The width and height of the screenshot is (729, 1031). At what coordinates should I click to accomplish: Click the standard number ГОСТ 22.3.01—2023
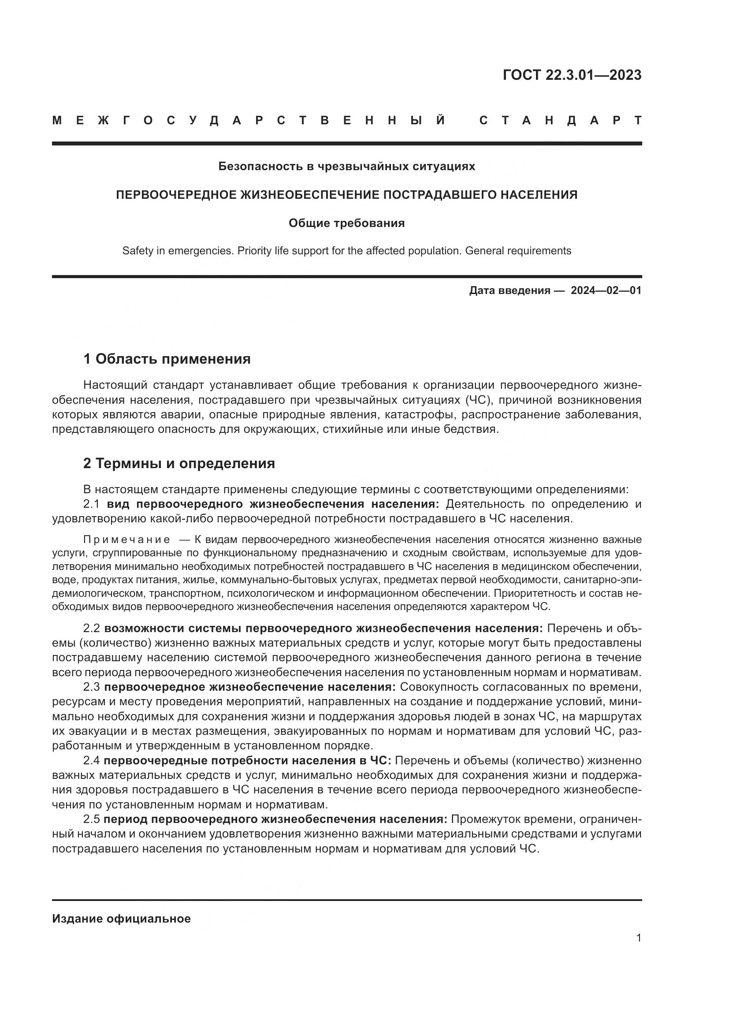click(x=572, y=75)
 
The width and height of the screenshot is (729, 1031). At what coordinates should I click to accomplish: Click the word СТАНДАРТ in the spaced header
click(x=560, y=121)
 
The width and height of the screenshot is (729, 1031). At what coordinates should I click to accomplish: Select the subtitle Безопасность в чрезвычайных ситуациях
click(x=346, y=167)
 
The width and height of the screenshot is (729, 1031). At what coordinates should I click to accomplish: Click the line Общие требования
click(x=346, y=223)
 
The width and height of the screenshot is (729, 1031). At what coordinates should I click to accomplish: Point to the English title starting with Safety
click(x=346, y=251)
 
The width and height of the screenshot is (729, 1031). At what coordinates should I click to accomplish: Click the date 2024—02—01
click(x=606, y=290)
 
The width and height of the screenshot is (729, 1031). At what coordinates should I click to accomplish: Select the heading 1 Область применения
click(x=167, y=359)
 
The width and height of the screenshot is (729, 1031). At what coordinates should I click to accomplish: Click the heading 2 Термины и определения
click(x=179, y=463)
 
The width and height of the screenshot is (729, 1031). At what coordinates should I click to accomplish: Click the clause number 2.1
click(x=91, y=504)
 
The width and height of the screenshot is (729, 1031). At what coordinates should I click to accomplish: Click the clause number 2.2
click(x=92, y=629)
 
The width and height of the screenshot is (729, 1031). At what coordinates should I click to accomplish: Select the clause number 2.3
click(x=92, y=687)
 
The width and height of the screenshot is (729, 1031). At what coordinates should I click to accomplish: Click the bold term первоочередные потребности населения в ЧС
click(x=247, y=761)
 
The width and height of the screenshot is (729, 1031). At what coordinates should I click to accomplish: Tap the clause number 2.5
click(x=92, y=819)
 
